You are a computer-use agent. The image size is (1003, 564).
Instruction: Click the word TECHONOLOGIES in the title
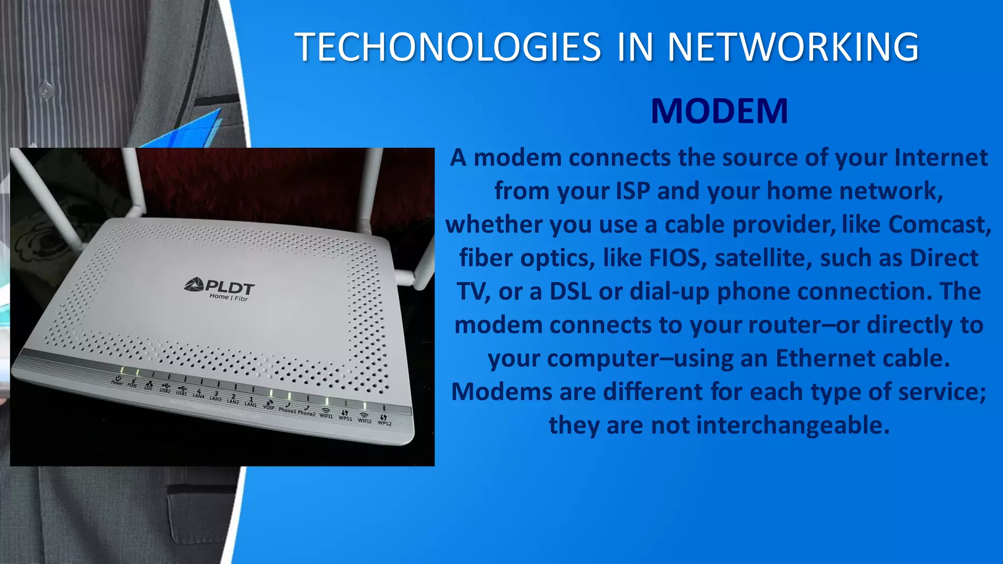pyautogui.click(x=447, y=47)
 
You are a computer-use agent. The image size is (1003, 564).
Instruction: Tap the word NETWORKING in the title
pyautogui.click(x=793, y=47)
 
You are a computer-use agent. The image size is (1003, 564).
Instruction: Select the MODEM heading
pyautogui.click(x=719, y=111)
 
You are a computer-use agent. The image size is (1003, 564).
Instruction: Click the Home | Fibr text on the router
pyautogui.click(x=229, y=297)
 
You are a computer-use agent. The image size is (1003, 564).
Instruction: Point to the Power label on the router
pyautogui.click(x=117, y=382)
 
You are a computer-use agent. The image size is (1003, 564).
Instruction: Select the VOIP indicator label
pyautogui.click(x=268, y=407)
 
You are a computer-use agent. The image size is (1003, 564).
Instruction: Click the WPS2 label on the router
pyautogui.click(x=384, y=423)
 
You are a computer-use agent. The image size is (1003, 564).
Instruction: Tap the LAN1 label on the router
pyautogui.click(x=250, y=404)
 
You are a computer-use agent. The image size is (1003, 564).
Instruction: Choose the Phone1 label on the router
pyautogui.click(x=287, y=410)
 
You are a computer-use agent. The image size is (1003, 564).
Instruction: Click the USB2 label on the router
pyautogui.click(x=165, y=390)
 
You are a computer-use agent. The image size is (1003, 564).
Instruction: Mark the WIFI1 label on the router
pyautogui.click(x=326, y=416)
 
